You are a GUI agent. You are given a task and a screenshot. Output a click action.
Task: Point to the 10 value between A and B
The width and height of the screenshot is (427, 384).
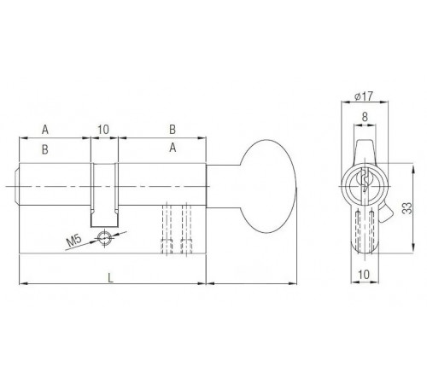click(x=103, y=130)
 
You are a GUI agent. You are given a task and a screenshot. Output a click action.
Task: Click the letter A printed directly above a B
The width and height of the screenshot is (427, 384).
click(x=44, y=130)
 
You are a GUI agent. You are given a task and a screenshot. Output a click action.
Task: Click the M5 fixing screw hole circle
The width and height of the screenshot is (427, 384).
click(x=104, y=238)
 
